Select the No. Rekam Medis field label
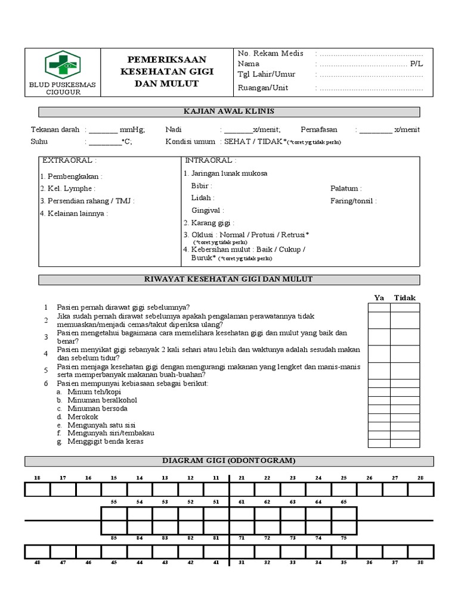tap(270, 53)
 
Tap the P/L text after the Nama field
tap(416, 64)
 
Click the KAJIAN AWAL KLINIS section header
tap(229, 111)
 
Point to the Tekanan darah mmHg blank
tap(103, 129)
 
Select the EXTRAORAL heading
tap(69, 161)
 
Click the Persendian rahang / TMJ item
tap(87, 201)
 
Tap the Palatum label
tap(346, 188)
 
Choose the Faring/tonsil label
tap(353, 201)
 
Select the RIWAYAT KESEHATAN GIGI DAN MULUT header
tap(229, 279)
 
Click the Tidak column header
tap(405, 298)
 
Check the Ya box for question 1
tap(379, 307)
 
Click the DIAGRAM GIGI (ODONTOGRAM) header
tap(229, 460)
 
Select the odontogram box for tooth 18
tap(37, 490)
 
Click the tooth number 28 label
tap(420, 478)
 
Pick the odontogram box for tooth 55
tap(114, 513)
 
